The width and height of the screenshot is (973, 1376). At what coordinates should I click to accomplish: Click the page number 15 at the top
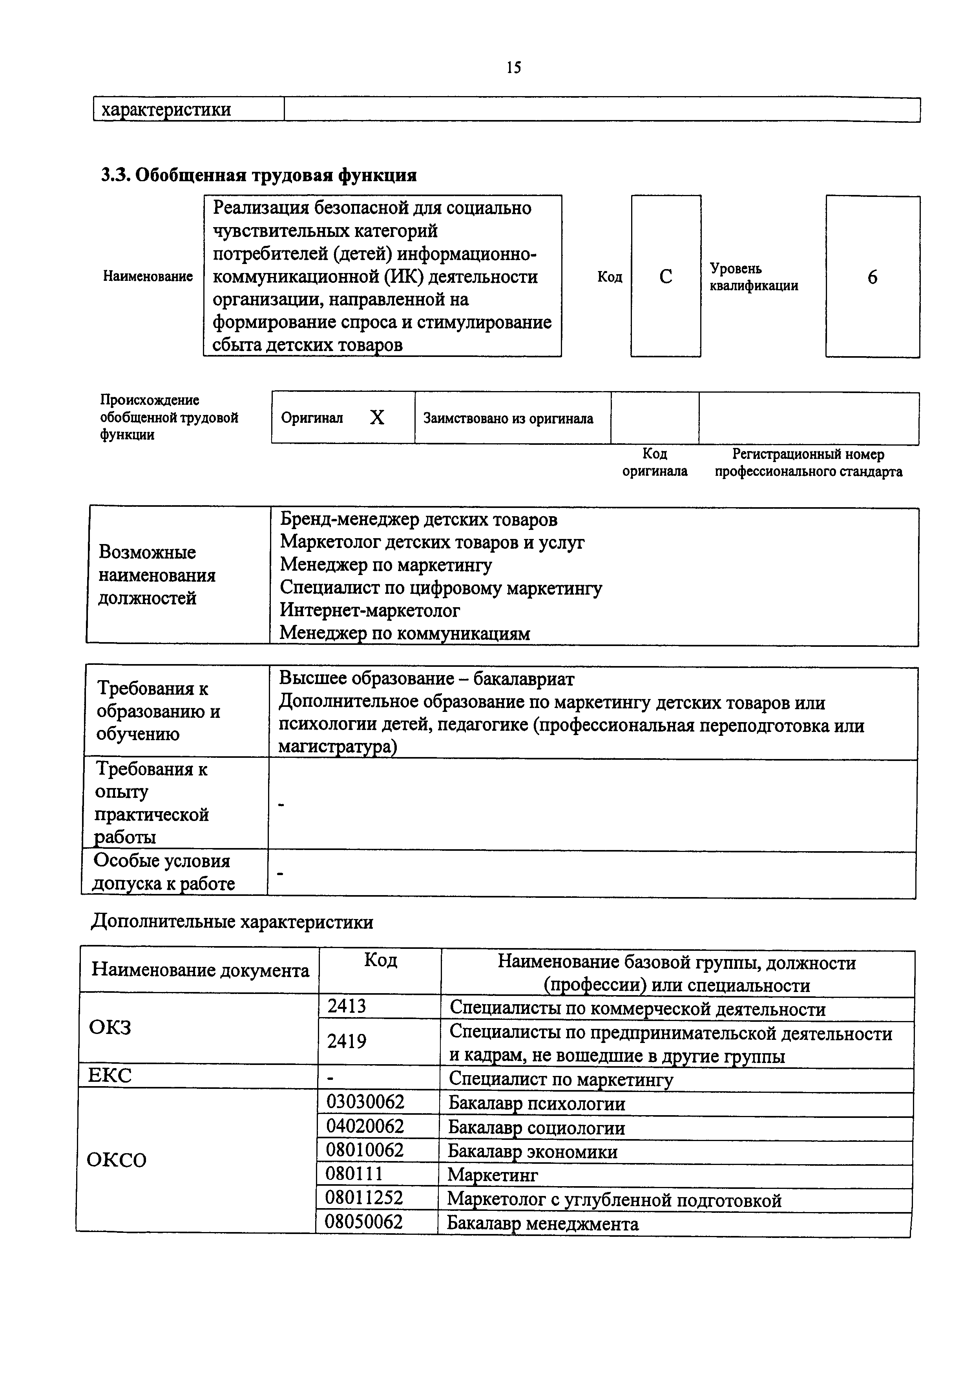[514, 67]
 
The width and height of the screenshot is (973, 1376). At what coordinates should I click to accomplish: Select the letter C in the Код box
[665, 276]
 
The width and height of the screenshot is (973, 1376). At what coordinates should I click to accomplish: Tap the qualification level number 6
[872, 277]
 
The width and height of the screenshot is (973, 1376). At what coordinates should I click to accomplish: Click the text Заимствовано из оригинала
[508, 418]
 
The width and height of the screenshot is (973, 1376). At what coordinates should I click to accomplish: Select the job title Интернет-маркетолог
[370, 610]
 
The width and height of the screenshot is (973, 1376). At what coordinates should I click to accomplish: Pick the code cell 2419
[347, 1041]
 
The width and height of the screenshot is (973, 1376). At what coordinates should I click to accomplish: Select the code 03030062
[365, 1101]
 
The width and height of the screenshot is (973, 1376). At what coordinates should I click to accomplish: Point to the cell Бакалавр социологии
[537, 1128]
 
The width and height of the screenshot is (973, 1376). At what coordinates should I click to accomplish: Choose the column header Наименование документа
[200, 970]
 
